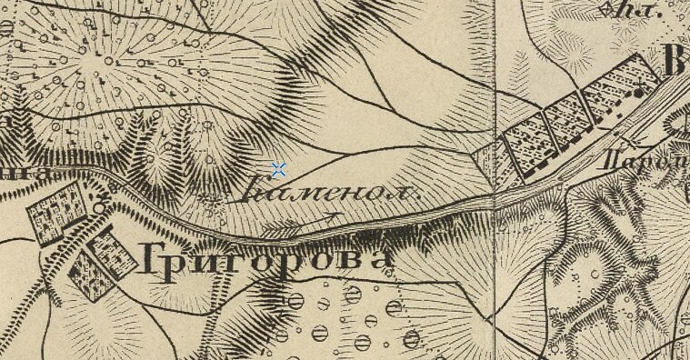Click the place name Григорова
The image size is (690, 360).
(x=266, y=260)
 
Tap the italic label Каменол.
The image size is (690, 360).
(x=331, y=193)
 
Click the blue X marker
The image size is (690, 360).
(x=278, y=169)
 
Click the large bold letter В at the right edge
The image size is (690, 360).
(x=676, y=64)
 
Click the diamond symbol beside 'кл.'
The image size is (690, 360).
(x=607, y=11)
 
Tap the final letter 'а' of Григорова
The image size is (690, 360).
(x=379, y=260)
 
